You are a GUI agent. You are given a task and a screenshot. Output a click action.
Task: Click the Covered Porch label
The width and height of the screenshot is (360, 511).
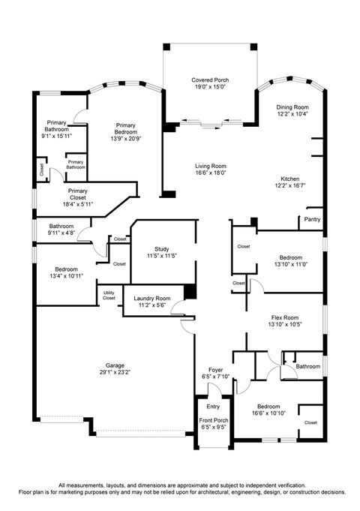[x=210, y=80]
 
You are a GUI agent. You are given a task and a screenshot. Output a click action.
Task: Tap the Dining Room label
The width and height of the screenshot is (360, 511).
[x=292, y=107]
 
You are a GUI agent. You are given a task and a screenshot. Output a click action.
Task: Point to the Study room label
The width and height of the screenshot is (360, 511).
[x=162, y=249]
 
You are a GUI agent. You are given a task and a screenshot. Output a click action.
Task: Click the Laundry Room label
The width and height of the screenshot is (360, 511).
[x=153, y=299]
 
